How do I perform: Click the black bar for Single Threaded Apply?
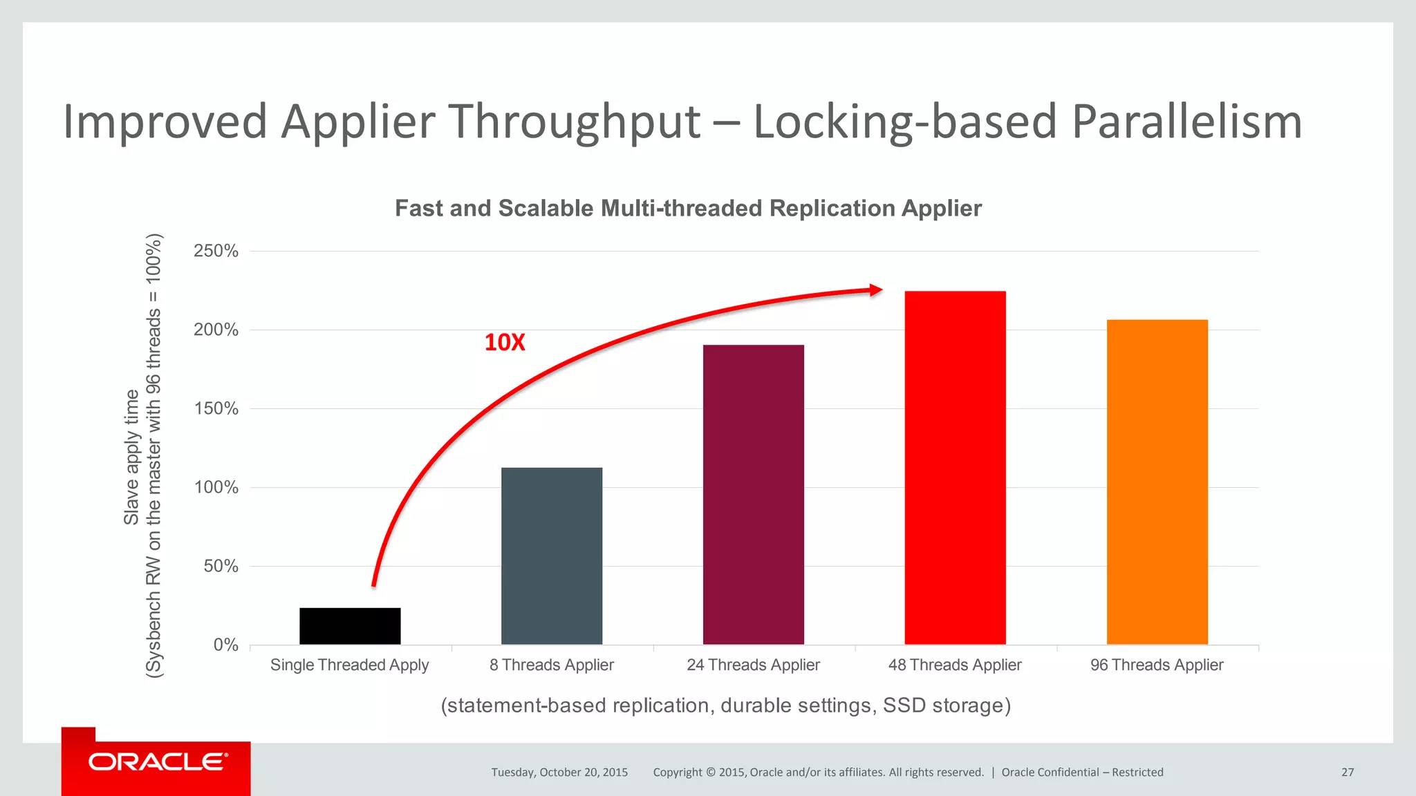click(x=350, y=626)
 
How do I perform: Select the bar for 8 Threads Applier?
click(x=552, y=556)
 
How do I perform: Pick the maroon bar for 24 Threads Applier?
click(x=754, y=494)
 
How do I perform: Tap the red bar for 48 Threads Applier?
click(x=955, y=468)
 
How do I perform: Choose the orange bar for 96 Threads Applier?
click(x=1157, y=482)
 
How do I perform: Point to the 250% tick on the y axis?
click(x=216, y=251)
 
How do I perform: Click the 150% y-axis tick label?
click(x=216, y=408)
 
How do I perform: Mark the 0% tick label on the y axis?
click(x=225, y=645)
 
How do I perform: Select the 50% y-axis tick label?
click(x=221, y=566)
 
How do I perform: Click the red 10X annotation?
click(x=505, y=342)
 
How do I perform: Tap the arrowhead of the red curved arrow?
click(x=876, y=290)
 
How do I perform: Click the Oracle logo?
click(x=158, y=762)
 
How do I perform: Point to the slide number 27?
click(x=1348, y=772)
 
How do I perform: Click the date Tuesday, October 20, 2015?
click(x=559, y=772)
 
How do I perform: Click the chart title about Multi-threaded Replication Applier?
click(x=688, y=208)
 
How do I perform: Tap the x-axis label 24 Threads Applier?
click(x=753, y=665)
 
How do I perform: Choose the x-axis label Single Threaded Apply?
click(x=349, y=665)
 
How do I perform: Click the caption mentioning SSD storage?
click(x=726, y=705)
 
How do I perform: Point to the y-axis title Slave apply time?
click(x=131, y=456)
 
